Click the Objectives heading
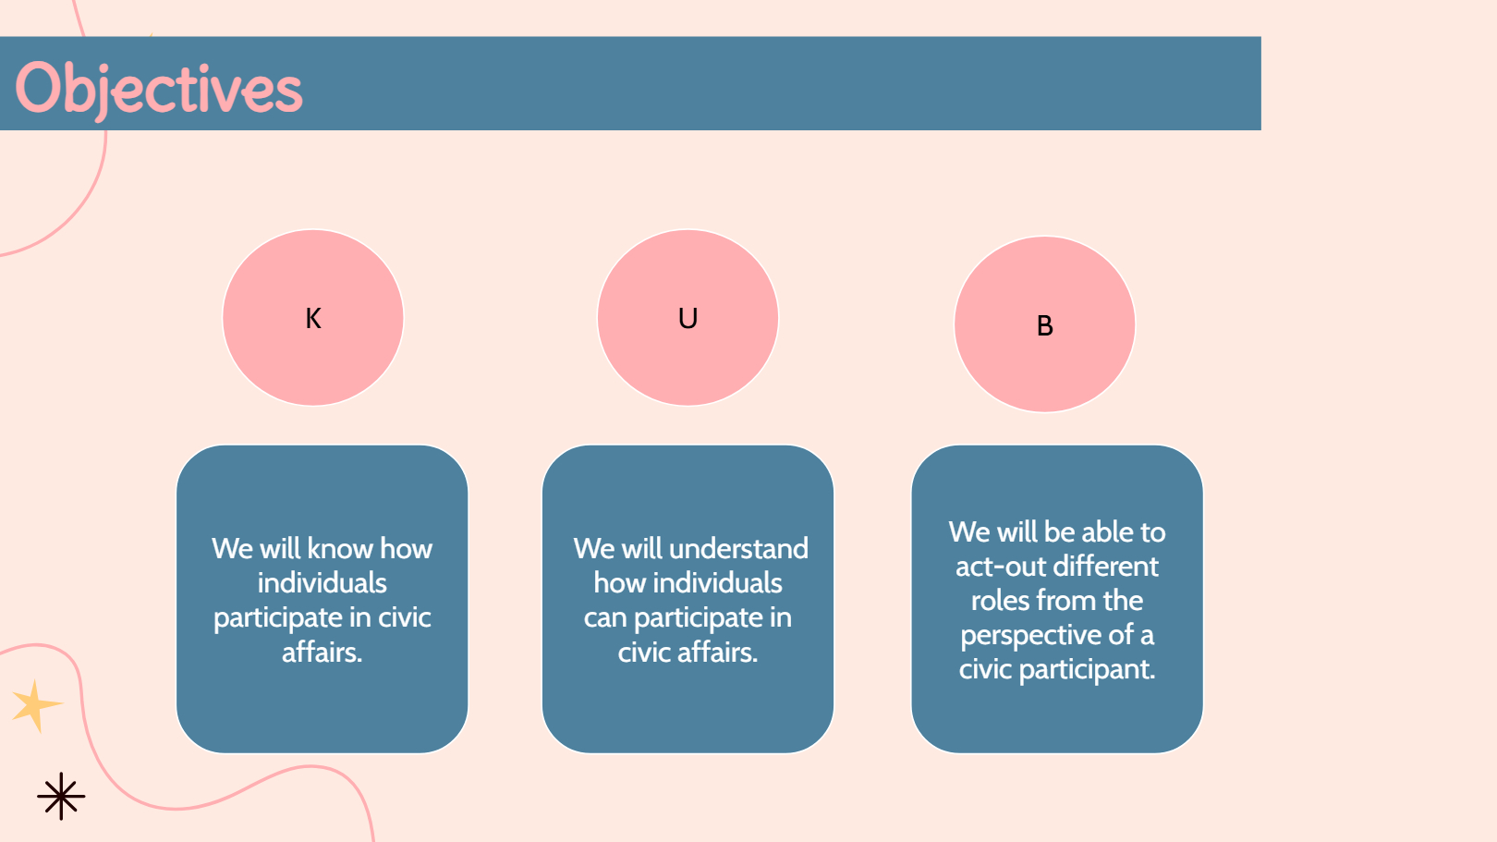pos(159,90)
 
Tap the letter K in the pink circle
pos(313,318)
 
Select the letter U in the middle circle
pos(688,318)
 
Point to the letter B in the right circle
pos(1044,326)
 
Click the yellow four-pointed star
pos(36,706)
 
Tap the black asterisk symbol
pos(61,796)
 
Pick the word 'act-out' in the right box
pos(997,567)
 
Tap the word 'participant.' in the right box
pos(1087,669)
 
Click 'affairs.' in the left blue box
pos(323,653)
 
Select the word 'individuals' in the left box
pos(323,583)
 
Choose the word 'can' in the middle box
pos(605,619)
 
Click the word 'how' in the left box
pos(407,549)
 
